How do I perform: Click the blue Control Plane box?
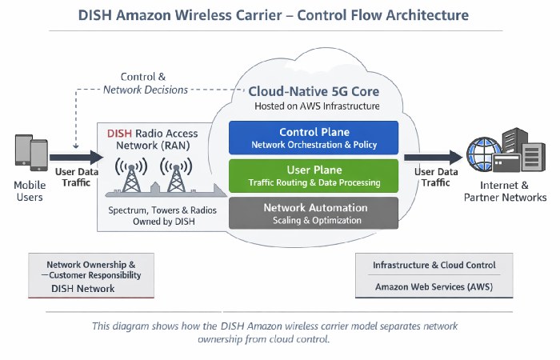314,138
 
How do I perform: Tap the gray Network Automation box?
314,213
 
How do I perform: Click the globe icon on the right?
485,158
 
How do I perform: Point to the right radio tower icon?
174,176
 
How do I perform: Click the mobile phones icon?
30,154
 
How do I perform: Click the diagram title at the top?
279,15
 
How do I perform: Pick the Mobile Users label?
30,192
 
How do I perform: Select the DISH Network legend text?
84,288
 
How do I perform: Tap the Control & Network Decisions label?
146,83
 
